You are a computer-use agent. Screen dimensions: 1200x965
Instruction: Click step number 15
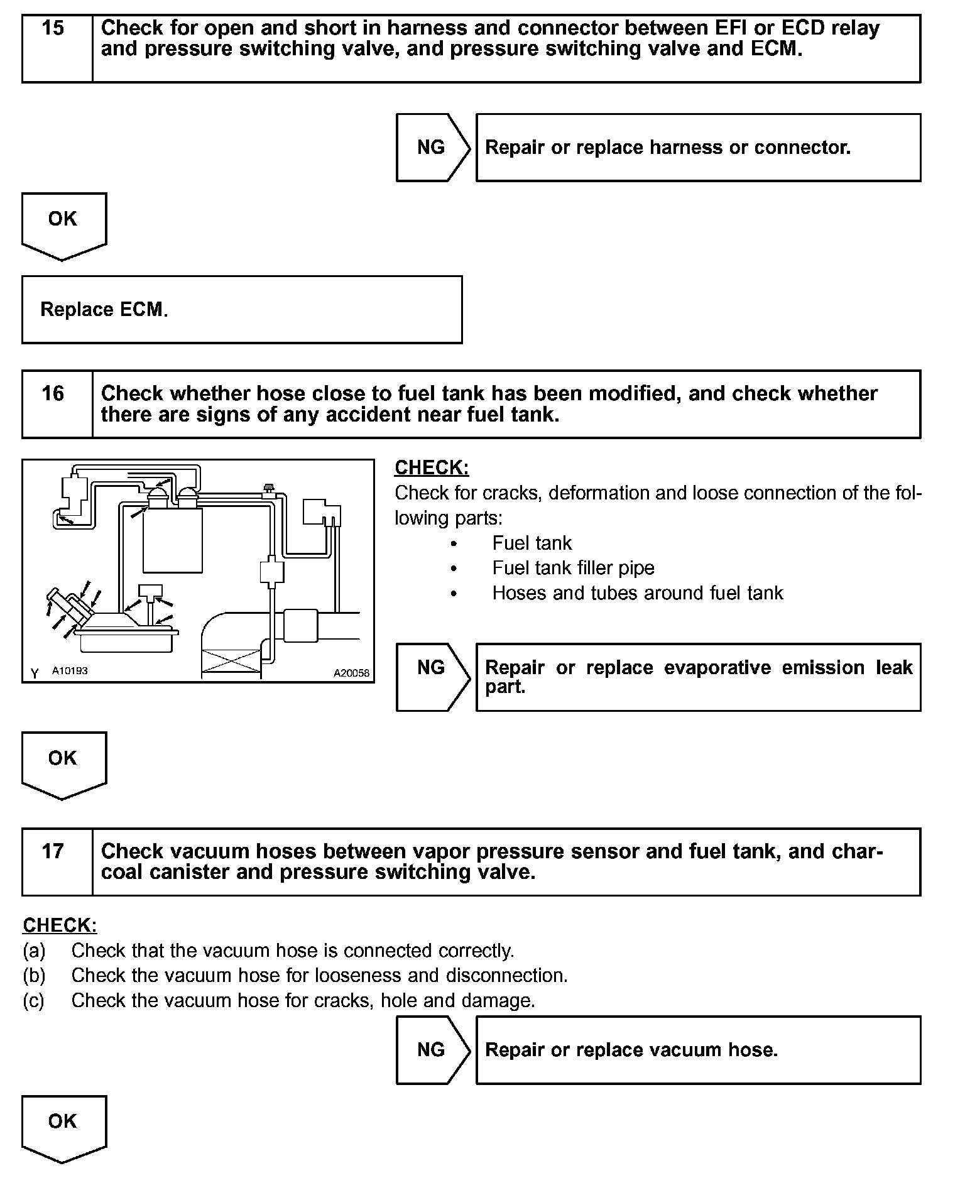coord(53,28)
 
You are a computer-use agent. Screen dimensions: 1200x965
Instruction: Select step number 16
coord(53,394)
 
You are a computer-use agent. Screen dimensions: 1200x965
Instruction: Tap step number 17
coord(53,851)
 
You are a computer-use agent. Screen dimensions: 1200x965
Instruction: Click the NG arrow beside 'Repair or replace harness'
coord(432,148)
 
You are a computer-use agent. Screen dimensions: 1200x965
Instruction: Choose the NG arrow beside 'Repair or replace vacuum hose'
coord(432,1050)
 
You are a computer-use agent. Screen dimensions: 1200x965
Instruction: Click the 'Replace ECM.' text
coord(104,310)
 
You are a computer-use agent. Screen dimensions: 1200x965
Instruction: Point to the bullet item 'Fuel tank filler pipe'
coord(573,568)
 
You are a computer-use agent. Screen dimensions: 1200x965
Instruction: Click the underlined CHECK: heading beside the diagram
coord(432,467)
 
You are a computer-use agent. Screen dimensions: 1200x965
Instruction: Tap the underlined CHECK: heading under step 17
coord(60,925)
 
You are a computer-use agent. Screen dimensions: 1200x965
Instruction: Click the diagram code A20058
coord(351,673)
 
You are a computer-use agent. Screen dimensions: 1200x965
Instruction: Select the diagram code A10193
coord(70,671)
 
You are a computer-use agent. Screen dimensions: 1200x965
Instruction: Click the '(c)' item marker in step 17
coord(33,1000)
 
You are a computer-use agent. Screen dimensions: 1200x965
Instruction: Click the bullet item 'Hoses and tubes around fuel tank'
coord(637,593)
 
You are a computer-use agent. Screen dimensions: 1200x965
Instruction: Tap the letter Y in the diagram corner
coord(35,674)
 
